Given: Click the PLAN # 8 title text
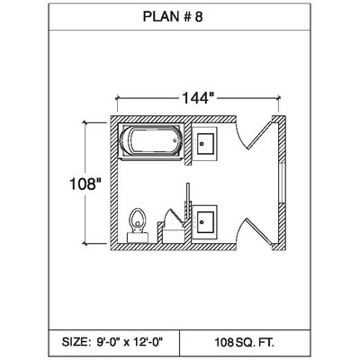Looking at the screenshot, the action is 173,16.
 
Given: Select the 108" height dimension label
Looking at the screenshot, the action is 85,184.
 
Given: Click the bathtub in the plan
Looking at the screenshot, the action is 151,141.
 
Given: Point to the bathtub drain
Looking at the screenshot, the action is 175,140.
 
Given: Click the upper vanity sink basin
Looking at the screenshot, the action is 205,144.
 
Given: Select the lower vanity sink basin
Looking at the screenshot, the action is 205,222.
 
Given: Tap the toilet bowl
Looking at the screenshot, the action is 138,219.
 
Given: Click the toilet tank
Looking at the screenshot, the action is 138,238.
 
